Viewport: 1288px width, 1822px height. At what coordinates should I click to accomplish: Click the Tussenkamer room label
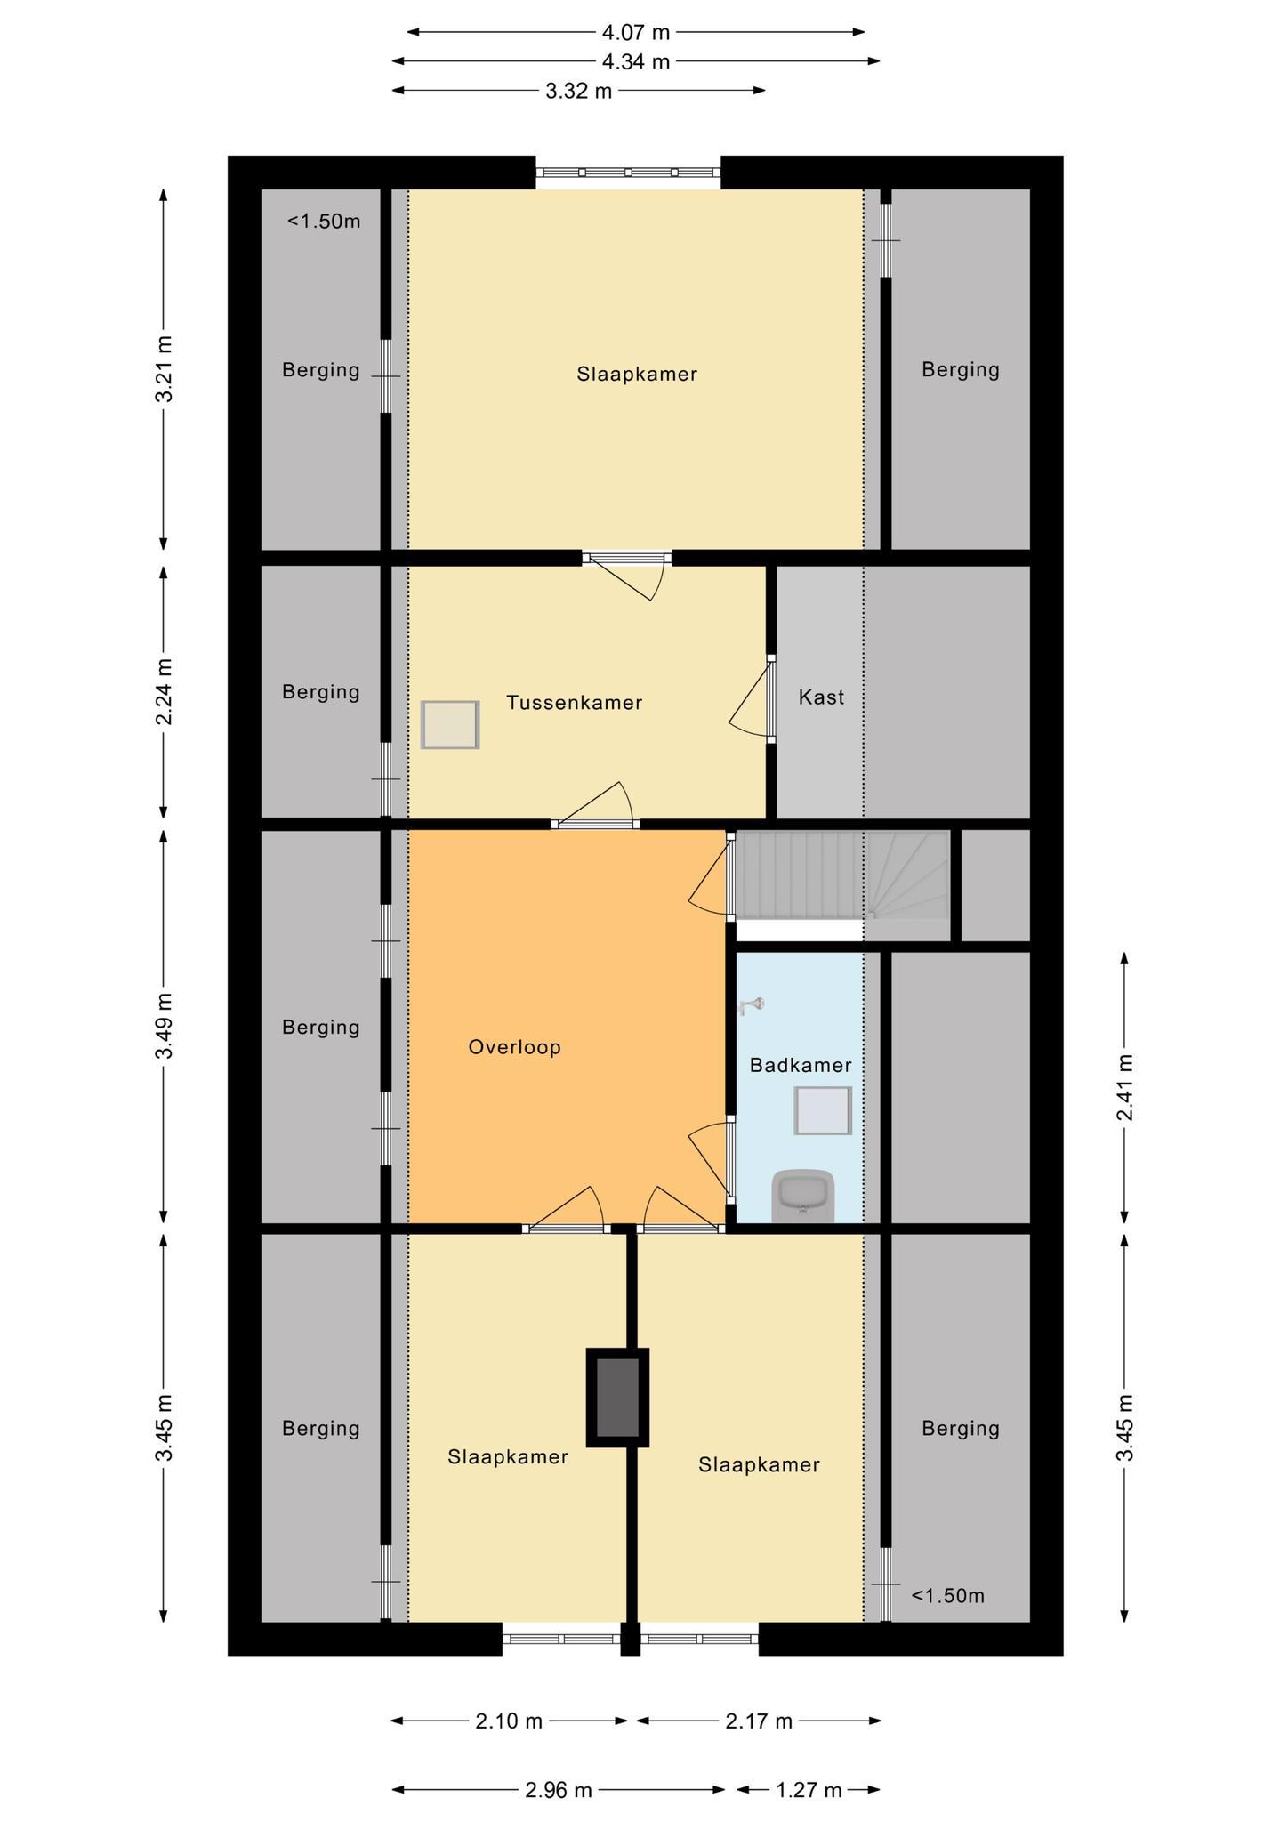coord(575,703)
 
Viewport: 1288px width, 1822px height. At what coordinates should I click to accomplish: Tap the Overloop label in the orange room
coord(515,1047)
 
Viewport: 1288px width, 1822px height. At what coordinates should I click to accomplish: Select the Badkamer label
coord(801,1065)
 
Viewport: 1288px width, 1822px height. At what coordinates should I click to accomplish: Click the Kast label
coord(821,697)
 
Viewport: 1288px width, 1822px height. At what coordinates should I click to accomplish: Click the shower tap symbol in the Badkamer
coord(753,1005)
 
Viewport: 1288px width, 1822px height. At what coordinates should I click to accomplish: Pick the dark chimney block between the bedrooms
coord(617,1398)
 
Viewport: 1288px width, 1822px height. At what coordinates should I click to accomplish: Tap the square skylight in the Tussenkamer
coord(450,724)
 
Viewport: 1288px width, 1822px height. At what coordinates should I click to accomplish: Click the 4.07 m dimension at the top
coord(636,33)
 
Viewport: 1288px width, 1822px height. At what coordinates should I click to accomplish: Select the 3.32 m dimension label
coord(579,91)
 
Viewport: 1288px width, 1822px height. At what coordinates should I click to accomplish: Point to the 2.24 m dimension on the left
coord(165,692)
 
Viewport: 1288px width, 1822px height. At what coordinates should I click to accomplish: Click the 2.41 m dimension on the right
coord(1125,1088)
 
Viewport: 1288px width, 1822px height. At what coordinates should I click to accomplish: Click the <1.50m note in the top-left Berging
coord(324,222)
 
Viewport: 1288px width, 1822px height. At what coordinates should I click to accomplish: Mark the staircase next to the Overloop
coord(841,875)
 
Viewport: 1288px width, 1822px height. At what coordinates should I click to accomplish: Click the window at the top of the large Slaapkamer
coord(628,173)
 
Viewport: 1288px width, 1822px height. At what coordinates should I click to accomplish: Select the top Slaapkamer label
coord(637,375)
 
